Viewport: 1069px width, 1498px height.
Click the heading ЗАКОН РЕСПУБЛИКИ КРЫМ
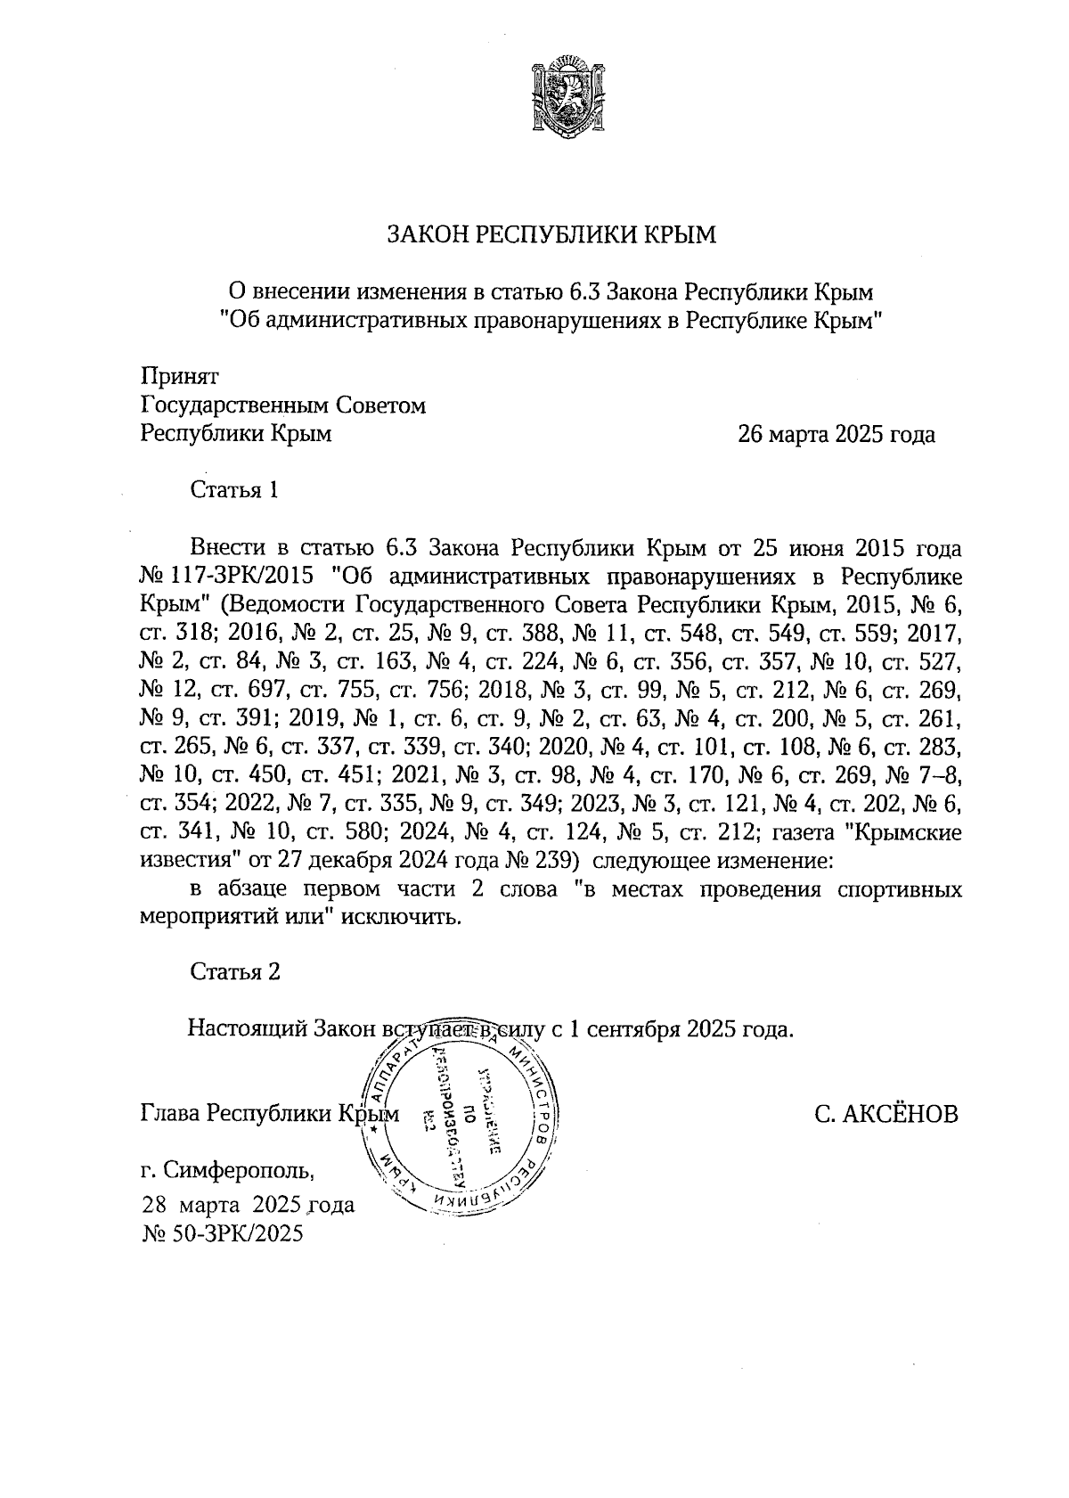point(550,235)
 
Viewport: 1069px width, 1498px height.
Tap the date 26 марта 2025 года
point(836,435)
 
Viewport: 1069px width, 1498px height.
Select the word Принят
point(180,377)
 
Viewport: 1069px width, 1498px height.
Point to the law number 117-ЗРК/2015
point(242,572)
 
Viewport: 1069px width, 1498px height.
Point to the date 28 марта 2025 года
point(249,1206)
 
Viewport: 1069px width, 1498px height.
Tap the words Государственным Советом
point(283,406)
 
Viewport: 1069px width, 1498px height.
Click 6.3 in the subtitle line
point(584,291)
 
